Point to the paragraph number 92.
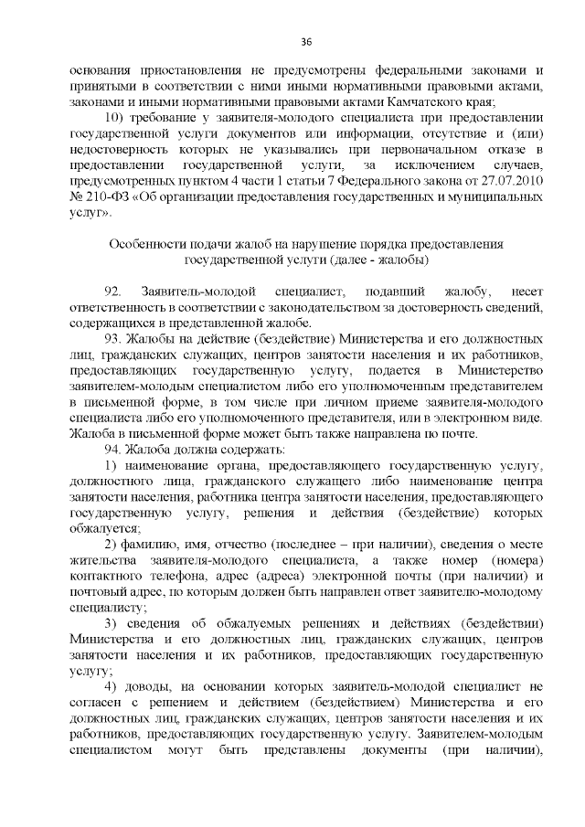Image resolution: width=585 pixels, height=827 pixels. click(x=114, y=291)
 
